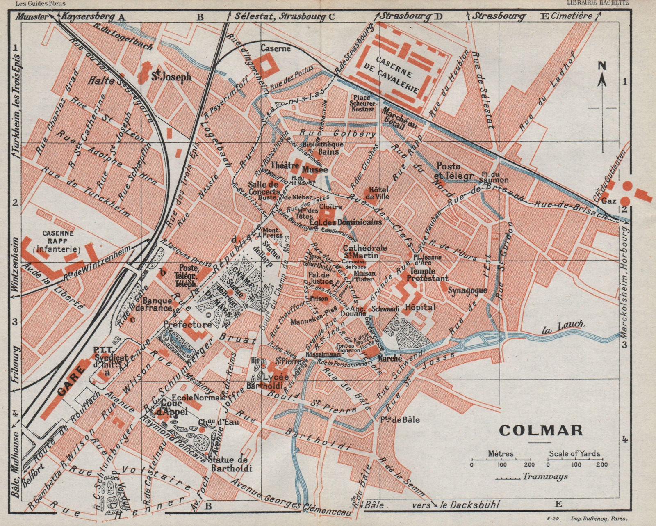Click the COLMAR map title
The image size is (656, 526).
(541, 430)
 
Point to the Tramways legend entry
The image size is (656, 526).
(533, 477)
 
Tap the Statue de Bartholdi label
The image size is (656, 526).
(230, 464)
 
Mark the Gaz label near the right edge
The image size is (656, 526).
(609, 201)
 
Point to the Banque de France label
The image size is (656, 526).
(157, 304)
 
